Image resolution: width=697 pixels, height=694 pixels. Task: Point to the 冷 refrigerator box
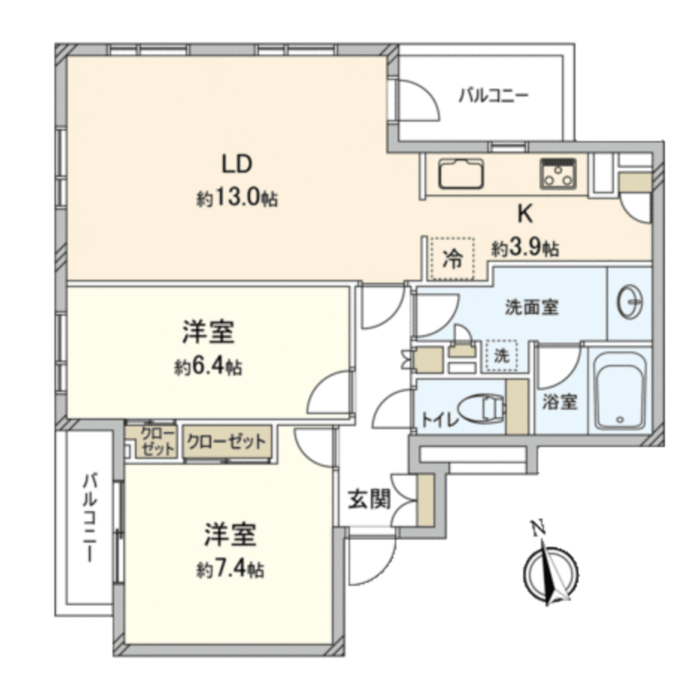pyautogui.click(x=452, y=260)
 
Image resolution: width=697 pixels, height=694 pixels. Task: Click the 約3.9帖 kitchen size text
pyautogui.click(x=525, y=248)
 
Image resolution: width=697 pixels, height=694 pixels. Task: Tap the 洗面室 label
pyautogui.click(x=531, y=307)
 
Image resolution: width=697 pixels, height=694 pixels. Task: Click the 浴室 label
pyautogui.click(x=559, y=401)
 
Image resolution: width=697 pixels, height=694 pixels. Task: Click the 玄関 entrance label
pyautogui.click(x=369, y=499)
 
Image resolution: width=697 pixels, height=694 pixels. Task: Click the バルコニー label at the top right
pyautogui.click(x=493, y=96)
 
